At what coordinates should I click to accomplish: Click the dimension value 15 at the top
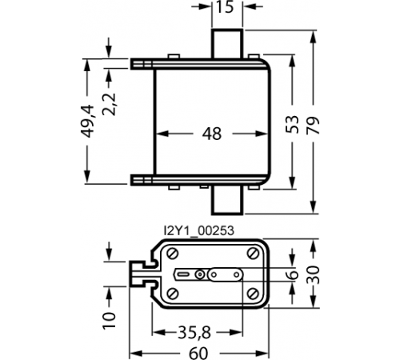click(x=225, y=6)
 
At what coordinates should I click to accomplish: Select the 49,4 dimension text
click(x=88, y=121)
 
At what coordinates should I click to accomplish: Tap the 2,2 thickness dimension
click(x=109, y=104)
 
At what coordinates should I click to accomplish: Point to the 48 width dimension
click(x=212, y=134)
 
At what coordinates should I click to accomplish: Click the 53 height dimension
click(x=292, y=124)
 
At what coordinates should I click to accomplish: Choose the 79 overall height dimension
click(x=313, y=125)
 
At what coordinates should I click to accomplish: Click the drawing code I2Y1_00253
click(x=199, y=230)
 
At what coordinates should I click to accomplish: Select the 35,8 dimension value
click(x=194, y=333)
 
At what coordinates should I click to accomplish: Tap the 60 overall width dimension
click(x=198, y=354)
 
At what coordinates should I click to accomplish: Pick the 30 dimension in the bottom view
click(x=313, y=275)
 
